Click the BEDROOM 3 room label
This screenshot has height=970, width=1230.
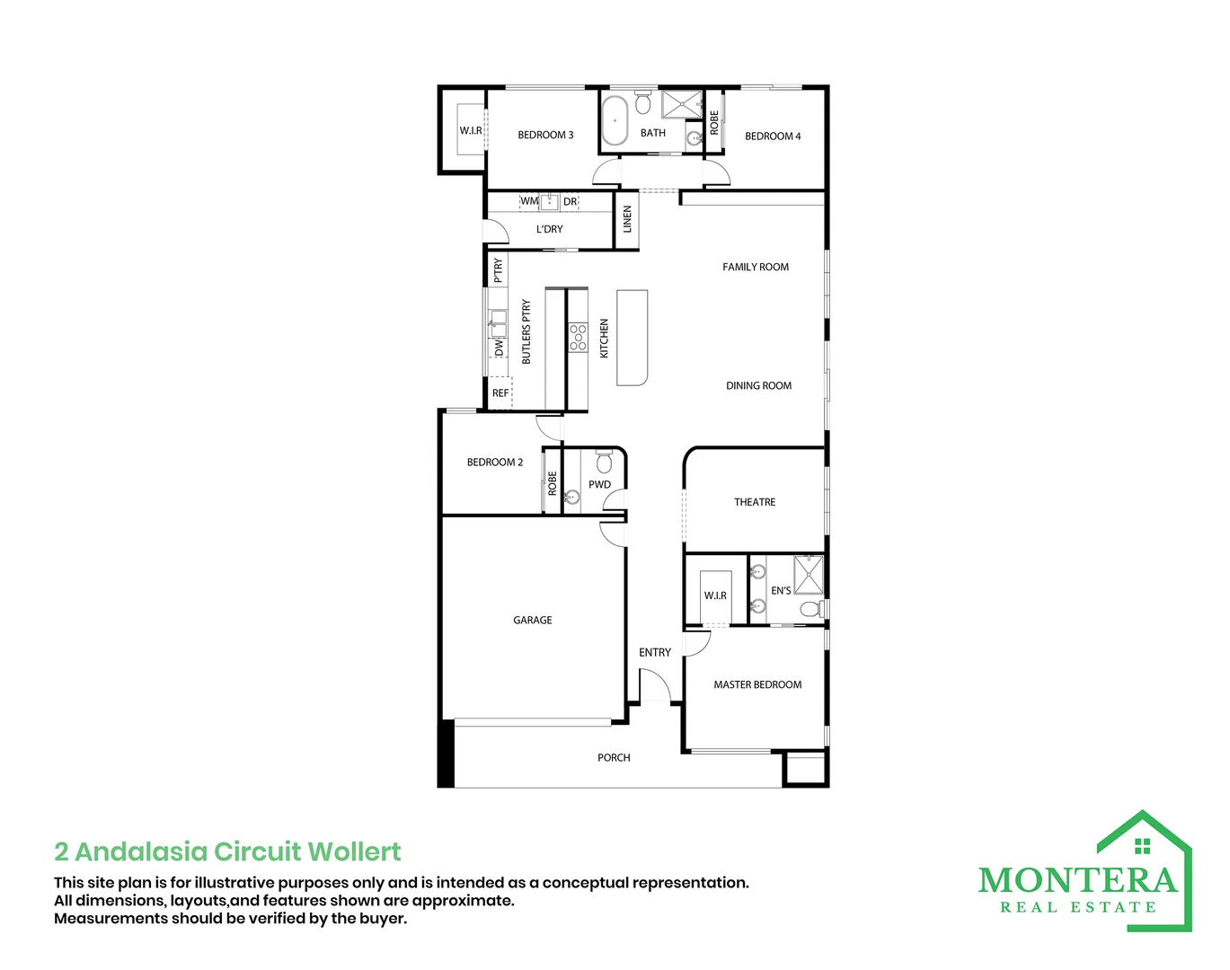coord(545,135)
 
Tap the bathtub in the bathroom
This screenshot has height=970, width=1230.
coord(615,120)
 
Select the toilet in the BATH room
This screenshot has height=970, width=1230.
coord(643,101)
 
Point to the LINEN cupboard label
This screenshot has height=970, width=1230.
coord(627,219)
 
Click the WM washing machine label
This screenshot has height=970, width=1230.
coord(529,201)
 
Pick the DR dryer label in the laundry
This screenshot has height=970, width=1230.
coord(570,202)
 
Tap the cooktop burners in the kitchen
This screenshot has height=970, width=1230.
coord(578,337)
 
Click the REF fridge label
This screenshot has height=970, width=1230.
coord(500,393)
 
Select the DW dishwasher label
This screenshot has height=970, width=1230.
coord(499,348)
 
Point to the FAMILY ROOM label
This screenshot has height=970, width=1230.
coord(755,267)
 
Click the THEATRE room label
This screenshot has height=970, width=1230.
coord(755,502)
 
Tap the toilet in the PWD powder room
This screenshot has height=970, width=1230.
coord(604,462)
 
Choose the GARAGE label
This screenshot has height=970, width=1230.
coord(532,620)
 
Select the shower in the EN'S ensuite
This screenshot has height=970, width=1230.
coord(809,574)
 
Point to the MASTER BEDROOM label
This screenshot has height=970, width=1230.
coord(757,684)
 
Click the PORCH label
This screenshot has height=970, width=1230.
coord(614,757)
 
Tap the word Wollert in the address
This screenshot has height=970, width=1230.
coord(354,851)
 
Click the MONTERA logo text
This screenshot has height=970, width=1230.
coord(1077,881)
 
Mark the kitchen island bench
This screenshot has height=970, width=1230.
coord(632,337)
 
